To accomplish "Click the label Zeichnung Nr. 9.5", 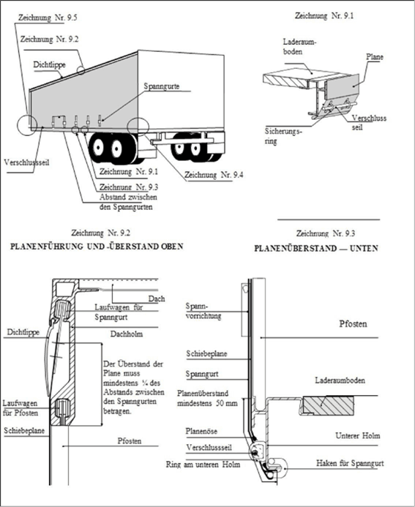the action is [x=48, y=18].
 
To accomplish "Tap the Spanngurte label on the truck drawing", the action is [x=162, y=86].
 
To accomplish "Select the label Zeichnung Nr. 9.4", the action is [x=214, y=175].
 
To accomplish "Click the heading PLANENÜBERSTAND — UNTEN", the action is [x=316, y=248].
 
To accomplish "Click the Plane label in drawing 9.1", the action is [x=375, y=57].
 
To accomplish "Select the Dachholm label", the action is [x=127, y=334].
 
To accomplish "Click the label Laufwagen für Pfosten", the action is [x=20, y=408].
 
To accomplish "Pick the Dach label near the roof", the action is [x=157, y=298].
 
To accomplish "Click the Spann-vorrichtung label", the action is [x=203, y=311].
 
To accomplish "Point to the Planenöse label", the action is [x=201, y=431].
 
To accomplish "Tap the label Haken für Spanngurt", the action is [x=350, y=463].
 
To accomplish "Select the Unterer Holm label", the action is [x=357, y=435].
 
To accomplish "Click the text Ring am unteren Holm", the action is [x=203, y=465].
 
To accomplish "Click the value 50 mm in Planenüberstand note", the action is [x=226, y=403].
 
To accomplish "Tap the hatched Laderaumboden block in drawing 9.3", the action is [x=328, y=406].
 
